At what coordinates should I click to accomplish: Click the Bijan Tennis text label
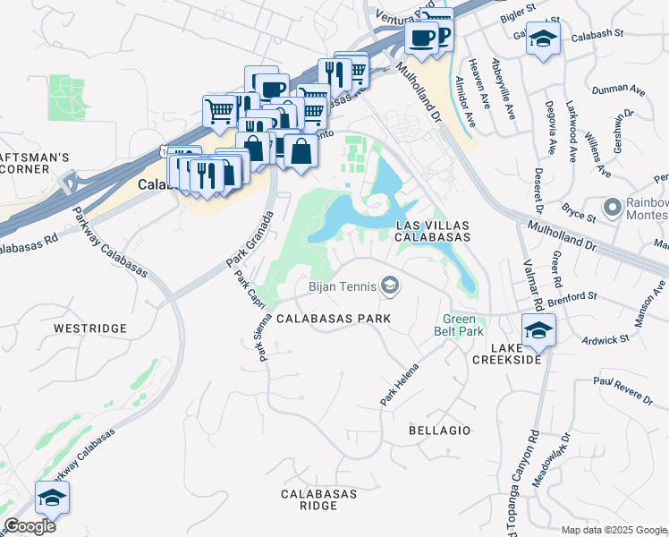[341, 287]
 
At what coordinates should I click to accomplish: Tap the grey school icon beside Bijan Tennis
[389, 286]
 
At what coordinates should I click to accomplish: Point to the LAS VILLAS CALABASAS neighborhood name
[433, 230]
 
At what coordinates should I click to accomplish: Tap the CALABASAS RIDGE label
[319, 499]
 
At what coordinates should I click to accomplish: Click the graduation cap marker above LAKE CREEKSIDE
[538, 330]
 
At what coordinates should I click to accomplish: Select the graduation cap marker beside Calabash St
[542, 38]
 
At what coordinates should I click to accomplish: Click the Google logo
[30, 526]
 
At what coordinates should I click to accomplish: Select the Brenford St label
[572, 296]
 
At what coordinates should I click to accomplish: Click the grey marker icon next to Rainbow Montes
[613, 208]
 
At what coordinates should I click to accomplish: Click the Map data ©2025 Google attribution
[614, 530]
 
